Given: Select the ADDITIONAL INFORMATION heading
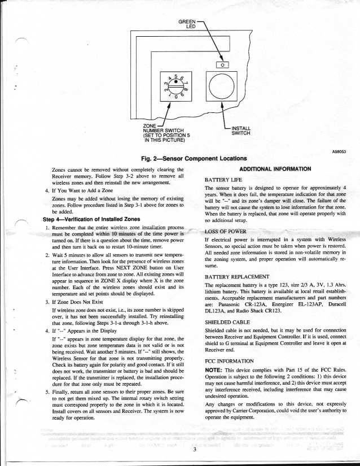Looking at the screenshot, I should click(x=275, y=168).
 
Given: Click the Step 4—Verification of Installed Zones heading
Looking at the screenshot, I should click(x=93, y=219).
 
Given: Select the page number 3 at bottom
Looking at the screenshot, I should click(x=194, y=450).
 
